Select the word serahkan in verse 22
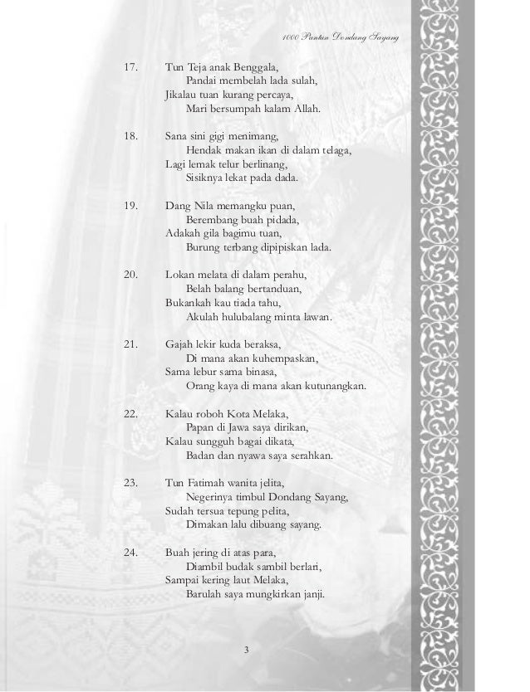(x=307, y=455)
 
